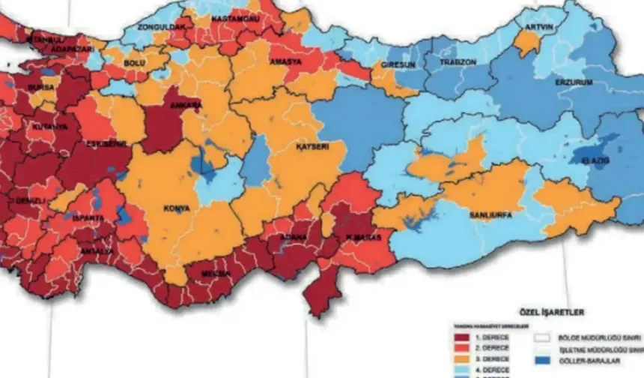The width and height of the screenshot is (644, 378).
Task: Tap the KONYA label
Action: (x=177, y=208)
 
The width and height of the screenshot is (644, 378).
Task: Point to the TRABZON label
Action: (x=458, y=62)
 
